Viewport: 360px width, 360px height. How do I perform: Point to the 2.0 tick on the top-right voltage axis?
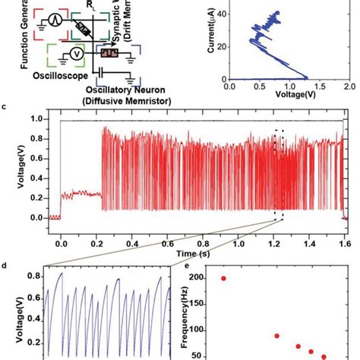coord(349,87)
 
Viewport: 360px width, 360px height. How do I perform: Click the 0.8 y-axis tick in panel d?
coord(33,278)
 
